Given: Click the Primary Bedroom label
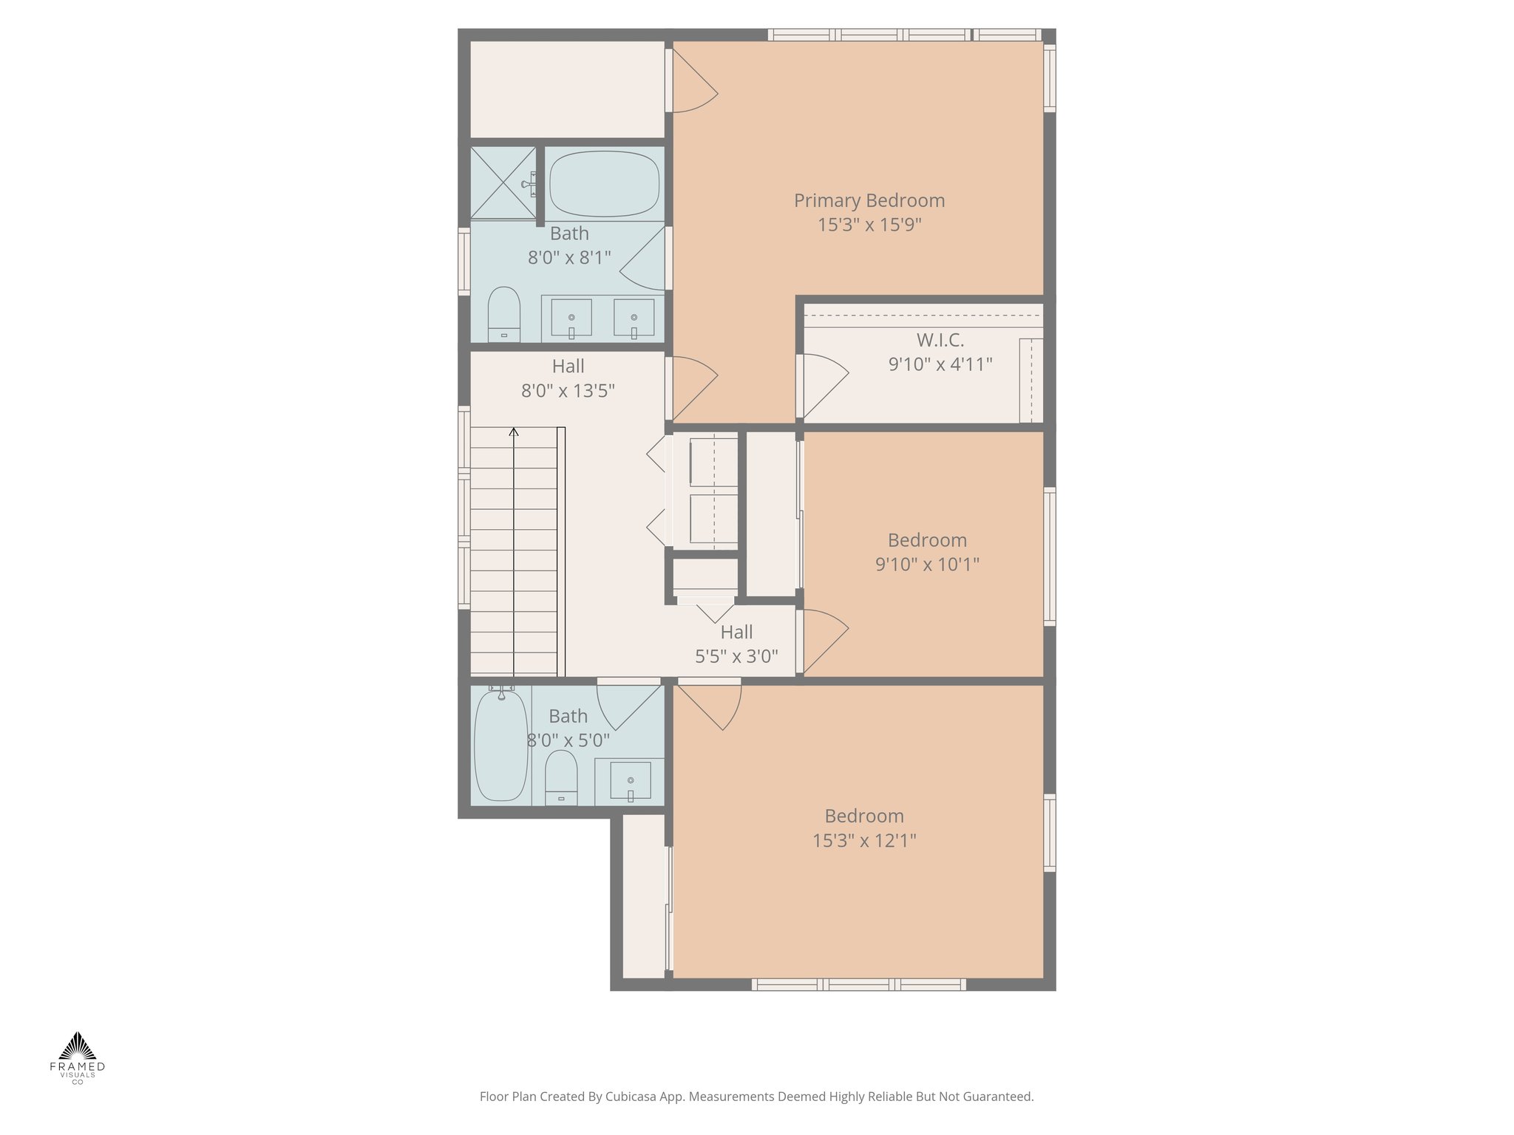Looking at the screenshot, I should point(869,200).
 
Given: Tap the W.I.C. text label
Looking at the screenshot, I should point(940,340).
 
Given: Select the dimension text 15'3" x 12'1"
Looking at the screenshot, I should point(864,840).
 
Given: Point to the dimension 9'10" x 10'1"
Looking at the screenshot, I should point(927,565).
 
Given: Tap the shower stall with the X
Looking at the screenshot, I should point(503,183).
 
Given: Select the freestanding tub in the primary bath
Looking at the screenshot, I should point(605,184).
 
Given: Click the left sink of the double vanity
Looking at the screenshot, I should point(571,318).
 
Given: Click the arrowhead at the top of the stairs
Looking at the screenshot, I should point(514,432).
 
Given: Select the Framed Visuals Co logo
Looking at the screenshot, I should point(78,1057).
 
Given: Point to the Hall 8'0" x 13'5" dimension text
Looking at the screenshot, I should point(568,391).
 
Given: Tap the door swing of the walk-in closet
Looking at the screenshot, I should point(824,384).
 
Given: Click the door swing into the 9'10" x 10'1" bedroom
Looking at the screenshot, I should point(824,639).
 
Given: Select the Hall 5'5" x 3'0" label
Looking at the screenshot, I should point(736,633).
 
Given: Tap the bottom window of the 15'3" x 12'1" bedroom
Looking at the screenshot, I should point(858,984).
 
